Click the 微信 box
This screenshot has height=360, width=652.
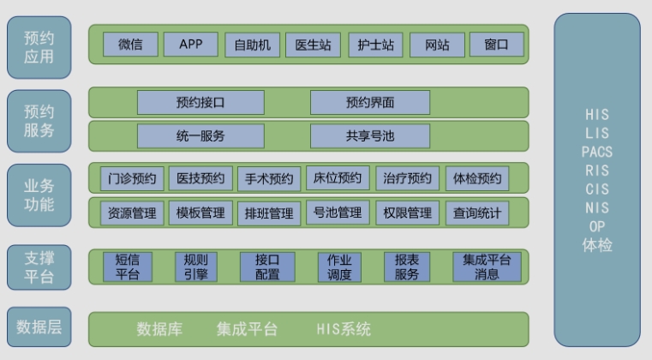point(130,44)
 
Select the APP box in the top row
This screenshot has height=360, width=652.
point(191,44)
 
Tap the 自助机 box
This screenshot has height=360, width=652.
point(253,45)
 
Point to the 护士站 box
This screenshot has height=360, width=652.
point(375,45)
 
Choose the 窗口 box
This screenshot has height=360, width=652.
point(496,44)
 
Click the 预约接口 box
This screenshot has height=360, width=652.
point(200,102)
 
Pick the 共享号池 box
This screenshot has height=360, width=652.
point(370,135)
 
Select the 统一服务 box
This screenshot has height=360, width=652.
point(200,135)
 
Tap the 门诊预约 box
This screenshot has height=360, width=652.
point(132,178)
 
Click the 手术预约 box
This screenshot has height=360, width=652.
point(269,179)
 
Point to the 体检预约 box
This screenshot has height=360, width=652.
point(477,178)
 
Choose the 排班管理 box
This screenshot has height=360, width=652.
point(269,213)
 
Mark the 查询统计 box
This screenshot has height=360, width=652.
point(477,213)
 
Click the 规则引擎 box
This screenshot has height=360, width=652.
point(196,267)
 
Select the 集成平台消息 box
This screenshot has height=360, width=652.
point(487,267)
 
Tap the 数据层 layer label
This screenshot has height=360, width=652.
point(39,327)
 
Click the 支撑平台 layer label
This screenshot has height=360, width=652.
point(39,267)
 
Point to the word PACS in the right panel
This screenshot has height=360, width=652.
point(597,152)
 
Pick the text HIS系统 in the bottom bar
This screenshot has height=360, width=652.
point(344,329)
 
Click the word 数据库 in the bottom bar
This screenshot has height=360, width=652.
point(159,329)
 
